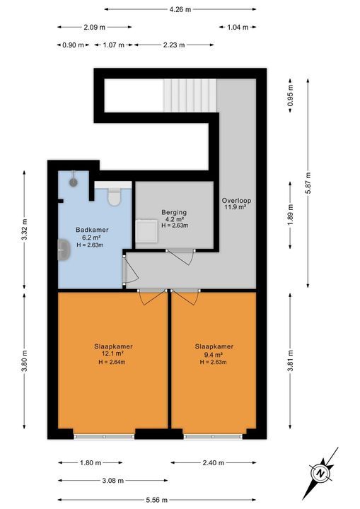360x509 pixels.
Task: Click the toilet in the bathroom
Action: click(x=113, y=195)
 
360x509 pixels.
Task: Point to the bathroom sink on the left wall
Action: click(x=63, y=250)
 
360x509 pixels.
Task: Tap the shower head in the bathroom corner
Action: click(x=73, y=182)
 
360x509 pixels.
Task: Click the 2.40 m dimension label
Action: click(x=212, y=463)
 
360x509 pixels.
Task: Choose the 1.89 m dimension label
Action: click(x=290, y=212)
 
